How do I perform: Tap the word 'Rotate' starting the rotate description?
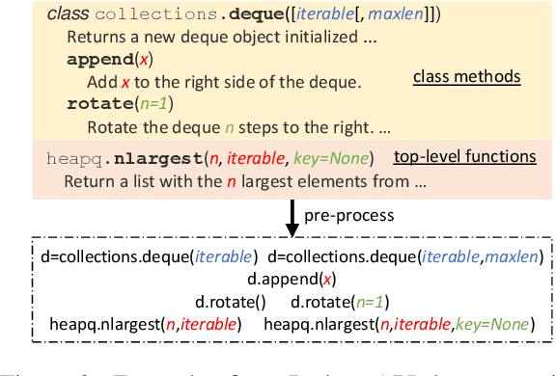point(109,125)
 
